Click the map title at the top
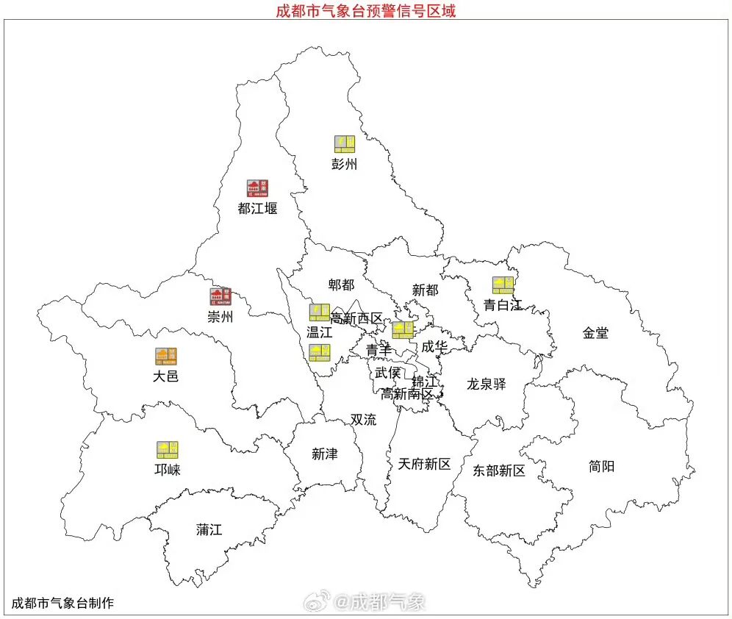(x=365, y=11)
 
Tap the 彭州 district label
(x=344, y=165)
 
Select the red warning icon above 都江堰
(x=257, y=188)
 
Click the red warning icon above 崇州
(x=220, y=297)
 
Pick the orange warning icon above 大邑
(x=166, y=357)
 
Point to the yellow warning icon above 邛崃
(x=167, y=450)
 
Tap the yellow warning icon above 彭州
(x=345, y=144)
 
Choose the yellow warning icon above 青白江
(x=503, y=285)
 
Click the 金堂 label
(x=595, y=333)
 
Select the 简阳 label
(x=601, y=466)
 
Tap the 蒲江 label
(x=209, y=529)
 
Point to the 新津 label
(x=324, y=454)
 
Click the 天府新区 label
(x=424, y=464)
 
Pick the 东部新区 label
(x=499, y=470)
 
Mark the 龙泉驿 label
(x=486, y=384)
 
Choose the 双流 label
(x=363, y=420)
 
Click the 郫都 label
(x=341, y=285)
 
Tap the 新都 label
(x=425, y=290)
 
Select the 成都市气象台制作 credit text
(x=62, y=604)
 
